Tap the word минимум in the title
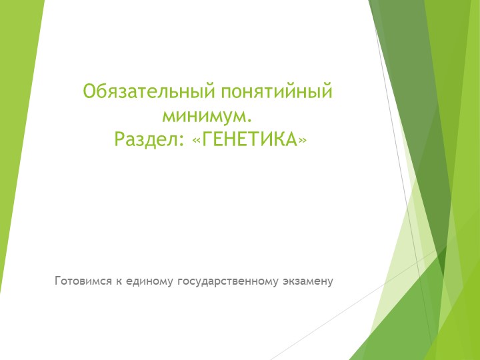coord(203,115)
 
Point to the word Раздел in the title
coord(142,140)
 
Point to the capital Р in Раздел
coord(119,140)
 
